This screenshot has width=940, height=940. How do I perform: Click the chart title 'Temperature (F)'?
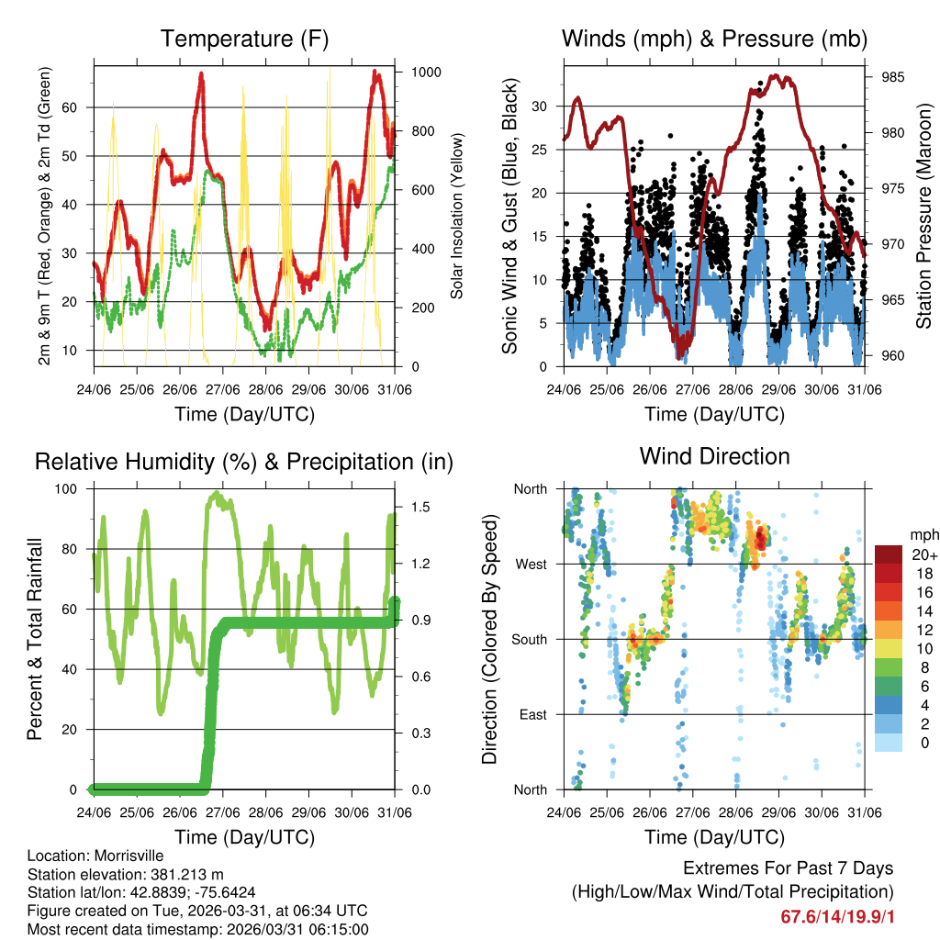(x=244, y=39)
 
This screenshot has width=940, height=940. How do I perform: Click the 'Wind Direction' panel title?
(x=714, y=455)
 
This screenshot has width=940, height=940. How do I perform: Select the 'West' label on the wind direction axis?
(x=531, y=564)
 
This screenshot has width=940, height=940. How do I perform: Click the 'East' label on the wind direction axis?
(x=532, y=714)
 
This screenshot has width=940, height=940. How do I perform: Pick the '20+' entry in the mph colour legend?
(x=923, y=554)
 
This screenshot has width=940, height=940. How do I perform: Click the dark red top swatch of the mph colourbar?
(x=890, y=554)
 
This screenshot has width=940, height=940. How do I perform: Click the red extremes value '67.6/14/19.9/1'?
(x=836, y=916)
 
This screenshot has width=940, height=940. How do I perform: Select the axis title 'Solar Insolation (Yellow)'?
(x=456, y=216)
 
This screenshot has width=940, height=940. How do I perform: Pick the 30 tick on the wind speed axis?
(x=542, y=106)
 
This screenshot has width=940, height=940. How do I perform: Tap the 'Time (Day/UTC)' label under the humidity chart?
(x=244, y=836)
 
